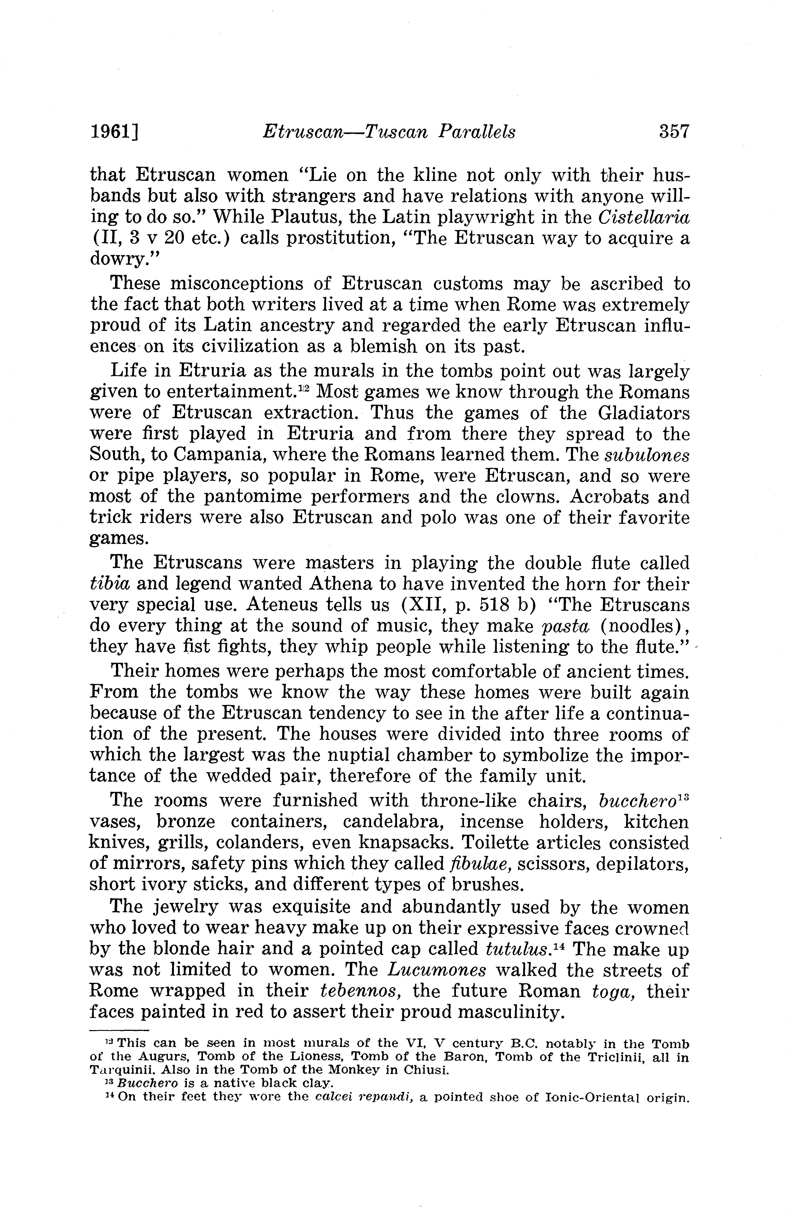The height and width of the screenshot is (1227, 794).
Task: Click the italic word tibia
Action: tap(109, 585)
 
